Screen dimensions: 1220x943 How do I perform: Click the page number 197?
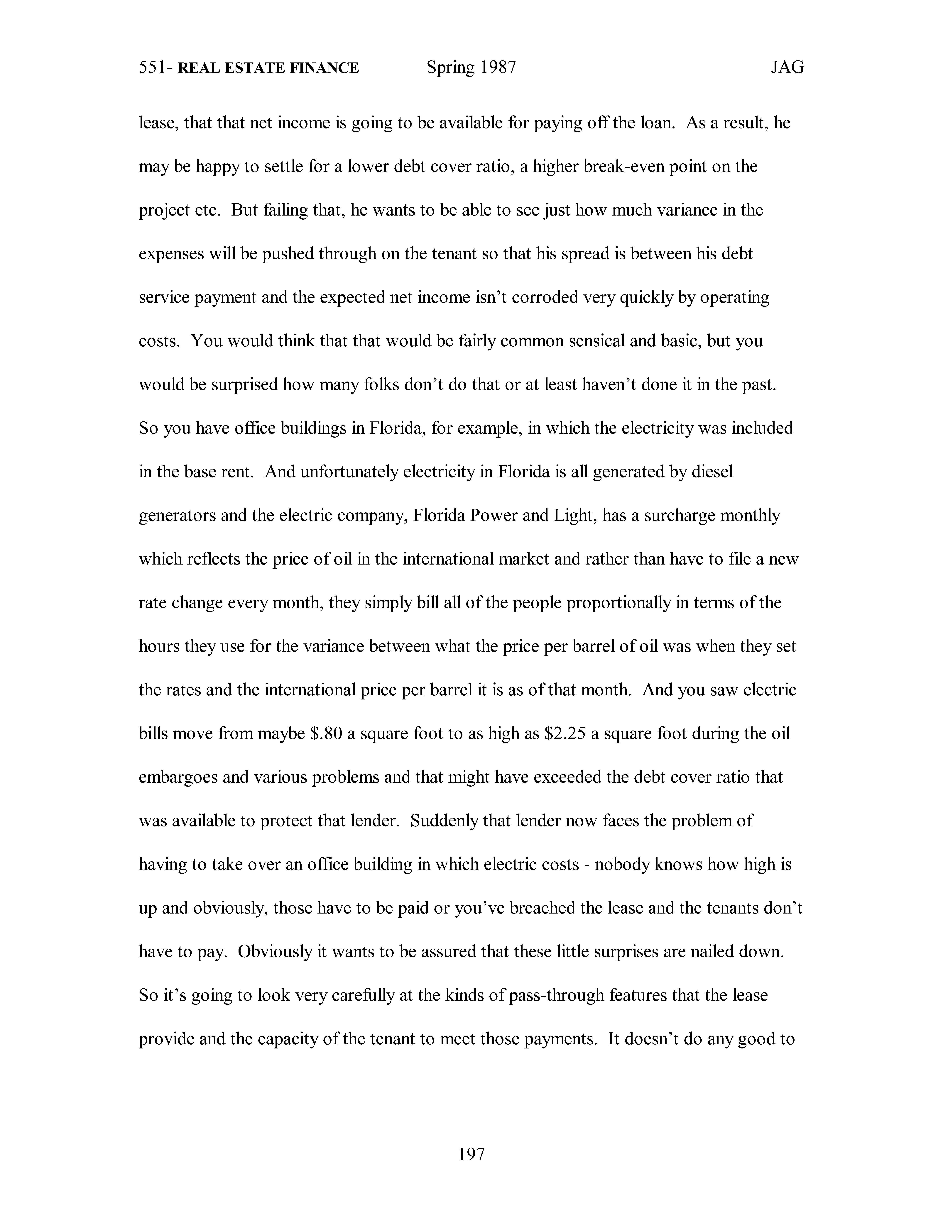(x=471, y=1153)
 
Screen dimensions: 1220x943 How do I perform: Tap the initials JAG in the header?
(x=787, y=68)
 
